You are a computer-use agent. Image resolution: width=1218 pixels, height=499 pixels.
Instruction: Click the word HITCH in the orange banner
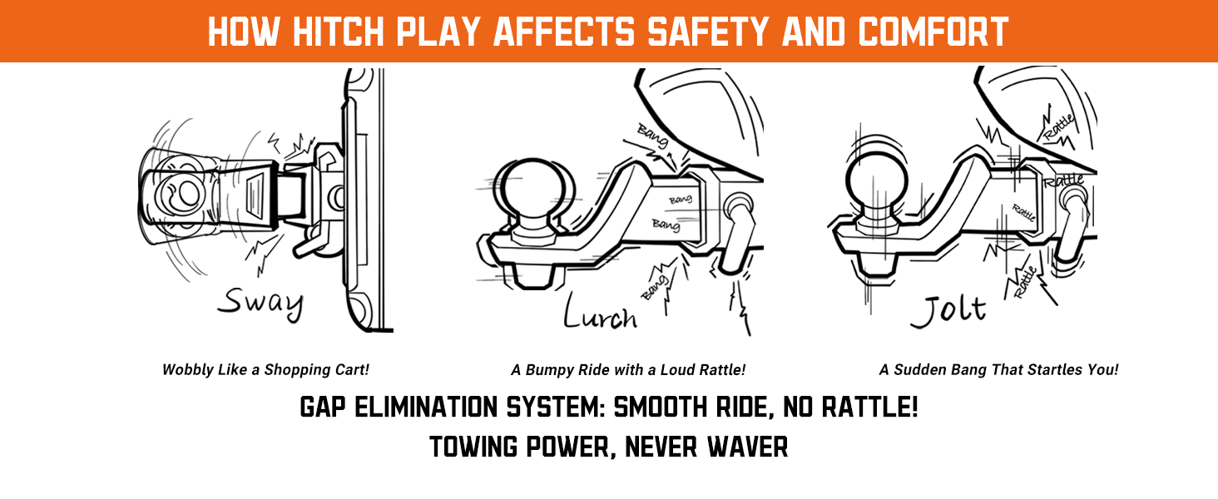[339, 32]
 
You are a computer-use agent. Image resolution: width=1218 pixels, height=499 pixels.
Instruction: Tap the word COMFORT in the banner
[933, 32]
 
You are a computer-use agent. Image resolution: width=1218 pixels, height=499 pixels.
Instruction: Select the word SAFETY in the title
[707, 32]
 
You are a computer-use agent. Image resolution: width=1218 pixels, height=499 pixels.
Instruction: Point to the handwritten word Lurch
[601, 312]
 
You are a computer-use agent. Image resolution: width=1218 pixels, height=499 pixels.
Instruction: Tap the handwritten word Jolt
[948, 311]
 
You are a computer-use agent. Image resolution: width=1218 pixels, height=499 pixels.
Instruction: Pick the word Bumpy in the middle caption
[549, 370]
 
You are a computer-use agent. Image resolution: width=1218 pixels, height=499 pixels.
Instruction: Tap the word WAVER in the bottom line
[748, 447]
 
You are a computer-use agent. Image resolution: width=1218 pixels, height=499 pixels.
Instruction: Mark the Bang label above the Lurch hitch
[652, 136]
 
